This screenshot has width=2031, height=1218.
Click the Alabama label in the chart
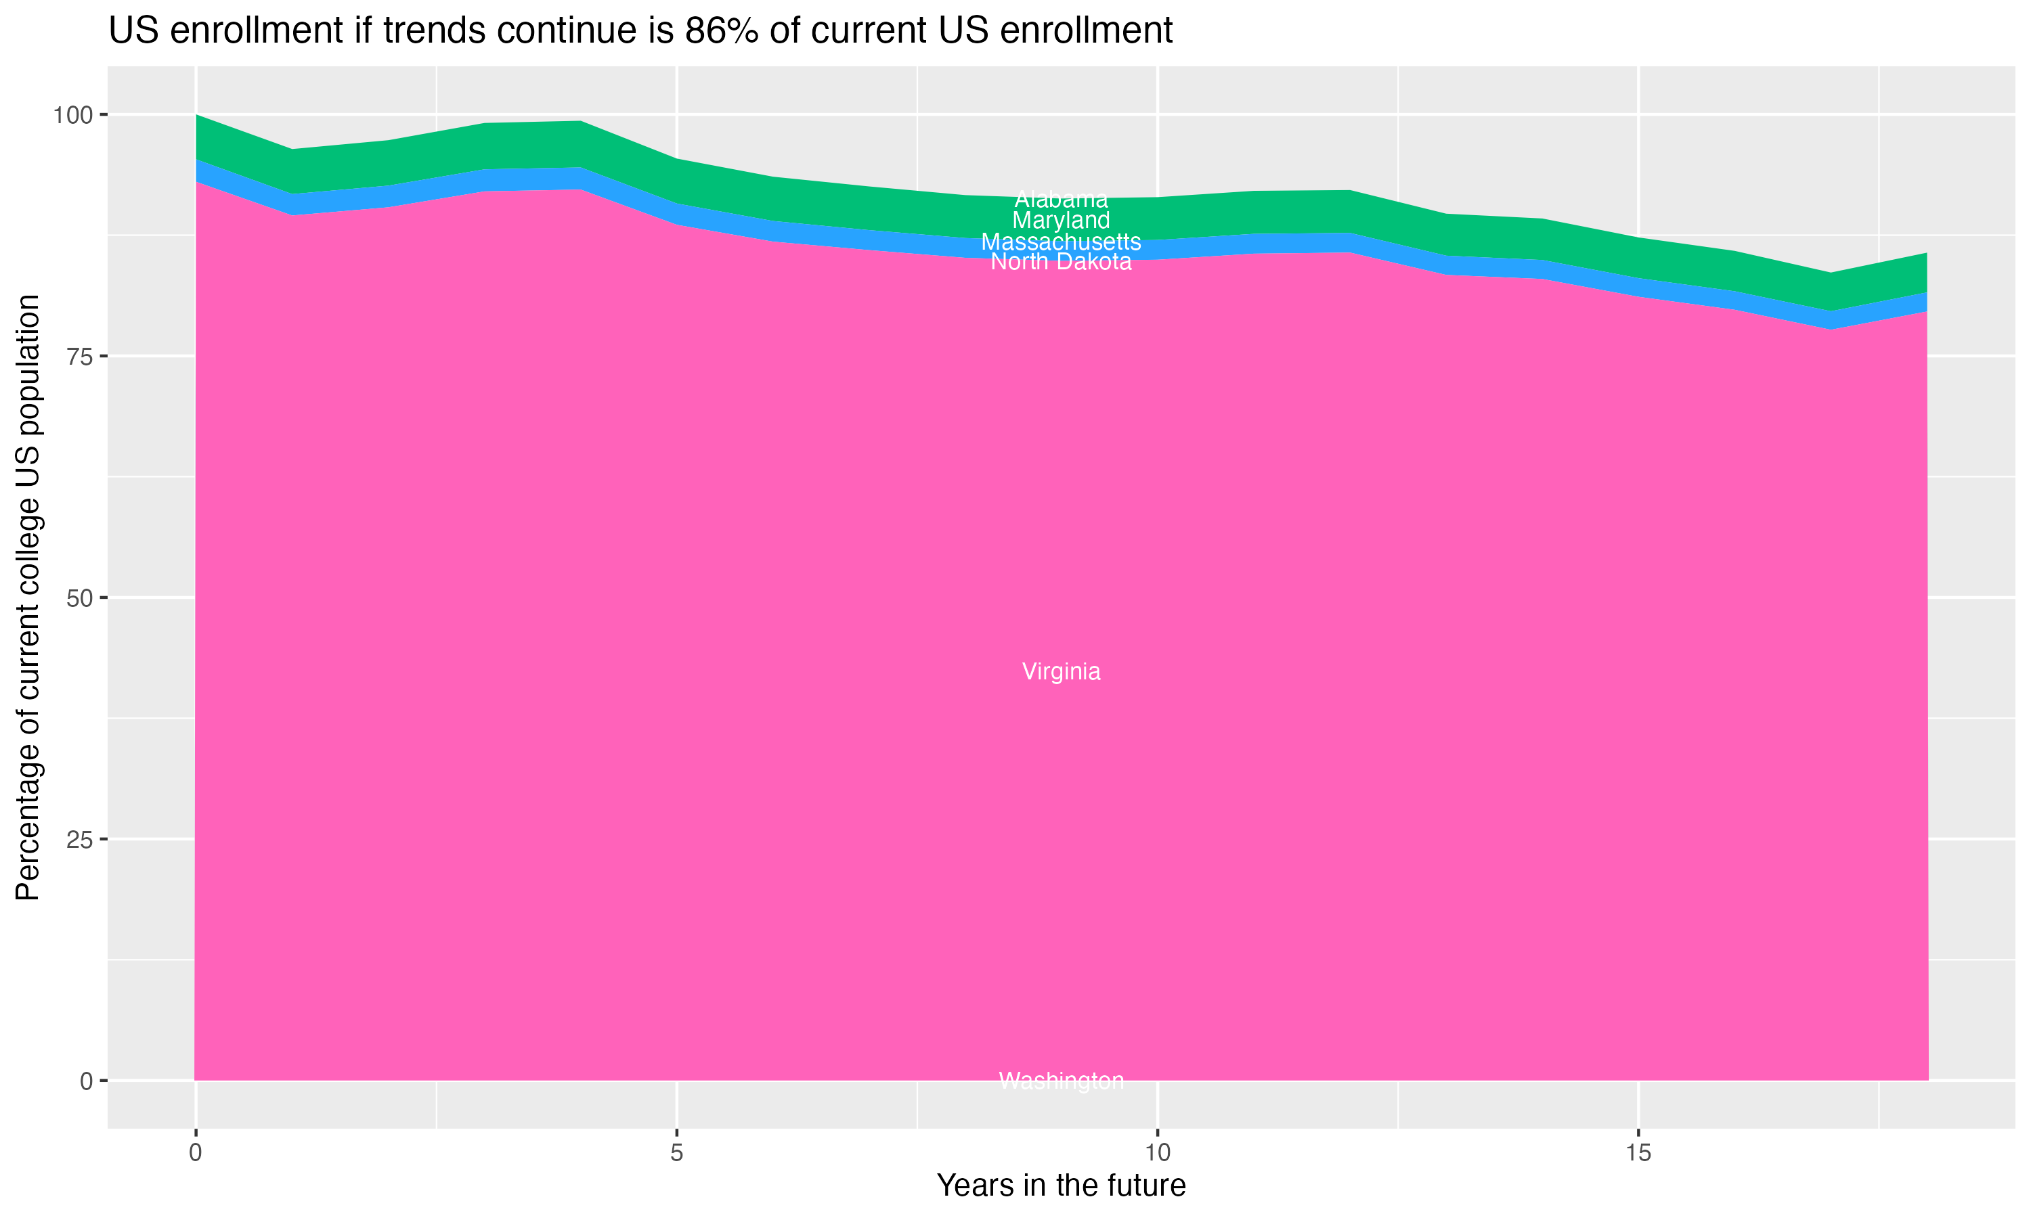(1061, 200)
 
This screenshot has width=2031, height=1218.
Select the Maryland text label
(1061, 220)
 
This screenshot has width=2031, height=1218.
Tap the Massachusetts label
(1061, 242)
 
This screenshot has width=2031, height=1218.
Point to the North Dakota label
(1061, 262)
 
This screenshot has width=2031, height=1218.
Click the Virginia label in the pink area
(1061, 671)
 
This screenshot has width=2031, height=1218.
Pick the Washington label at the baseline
(1061, 1081)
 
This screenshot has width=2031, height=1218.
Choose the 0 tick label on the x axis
(196, 1153)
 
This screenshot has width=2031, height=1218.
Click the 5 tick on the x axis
(676, 1153)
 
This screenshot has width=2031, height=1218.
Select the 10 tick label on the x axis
(1157, 1153)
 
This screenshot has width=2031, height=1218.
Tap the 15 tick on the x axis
(1638, 1153)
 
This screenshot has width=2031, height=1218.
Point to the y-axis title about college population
(28, 597)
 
